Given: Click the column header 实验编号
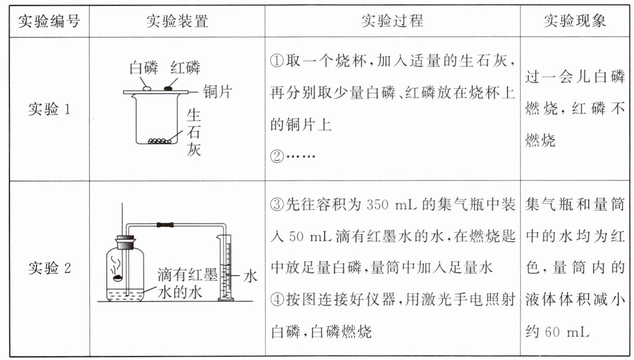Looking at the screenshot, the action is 48,21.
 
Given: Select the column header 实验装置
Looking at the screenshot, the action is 177,21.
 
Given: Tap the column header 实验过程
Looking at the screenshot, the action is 392,21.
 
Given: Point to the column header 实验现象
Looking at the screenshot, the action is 575,21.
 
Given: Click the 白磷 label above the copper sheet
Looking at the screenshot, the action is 143,69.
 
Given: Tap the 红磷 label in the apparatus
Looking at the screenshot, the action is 185,69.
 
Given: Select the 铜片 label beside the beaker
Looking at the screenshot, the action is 217,92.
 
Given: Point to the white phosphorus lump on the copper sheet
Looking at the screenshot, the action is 147,87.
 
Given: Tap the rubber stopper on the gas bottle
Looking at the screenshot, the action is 125,242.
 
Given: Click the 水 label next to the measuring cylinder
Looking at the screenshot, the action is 250,276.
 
